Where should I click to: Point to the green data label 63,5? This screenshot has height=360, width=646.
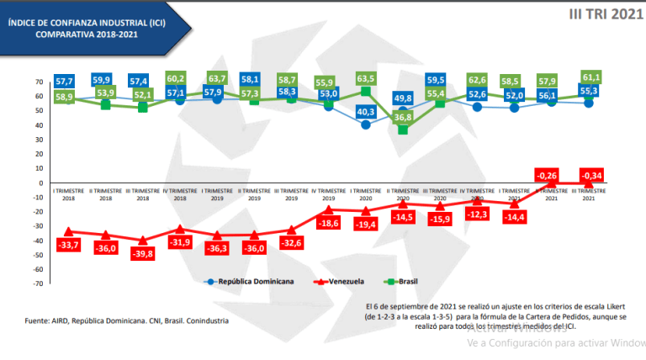click(365, 79)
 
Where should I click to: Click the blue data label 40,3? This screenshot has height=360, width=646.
click(365, 111)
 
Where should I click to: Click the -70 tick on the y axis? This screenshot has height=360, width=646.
click(39, 283)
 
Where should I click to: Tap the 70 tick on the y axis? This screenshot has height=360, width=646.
click(40, 82)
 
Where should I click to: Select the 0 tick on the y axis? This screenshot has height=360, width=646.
click(41, 183)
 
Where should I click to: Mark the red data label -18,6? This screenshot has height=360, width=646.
click(327, 223)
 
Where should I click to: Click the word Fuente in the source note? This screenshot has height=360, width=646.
click(37, 320)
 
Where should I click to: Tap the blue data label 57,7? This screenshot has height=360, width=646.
click(65, 81)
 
